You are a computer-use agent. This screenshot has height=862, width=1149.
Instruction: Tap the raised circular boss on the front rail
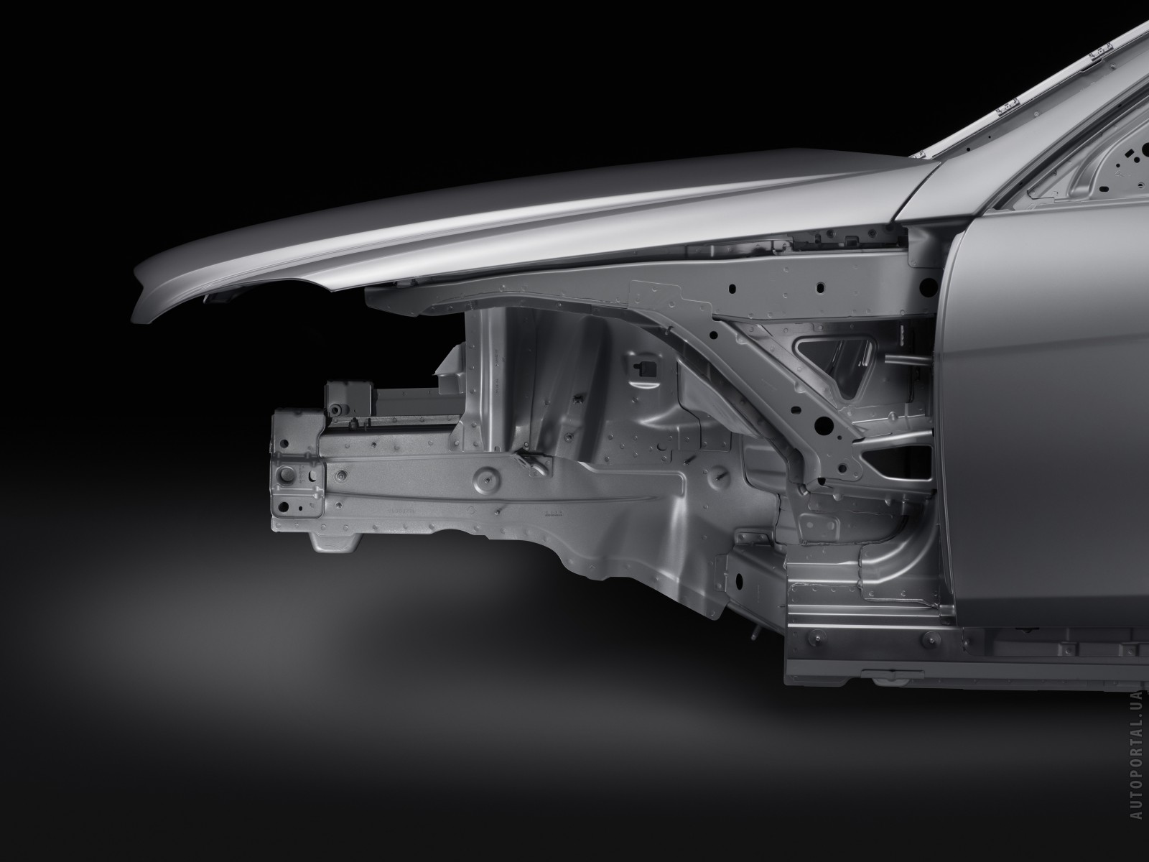[x=485, y=478]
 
